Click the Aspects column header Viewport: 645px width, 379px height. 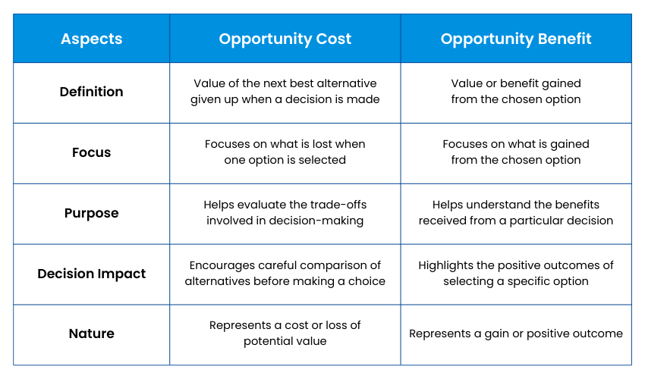point(92,39)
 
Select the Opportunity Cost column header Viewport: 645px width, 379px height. point(285,39)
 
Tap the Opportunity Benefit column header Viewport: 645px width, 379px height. point(516,39)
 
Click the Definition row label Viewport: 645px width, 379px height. point(92,92)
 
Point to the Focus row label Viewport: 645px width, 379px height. point(92,152)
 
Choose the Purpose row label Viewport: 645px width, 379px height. point(92,213)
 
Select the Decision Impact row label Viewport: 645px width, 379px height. point(92,274)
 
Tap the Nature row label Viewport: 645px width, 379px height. point(92,334)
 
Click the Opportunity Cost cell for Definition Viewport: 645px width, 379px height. point(285,92)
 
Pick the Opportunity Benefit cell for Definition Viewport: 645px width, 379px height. point(516,92)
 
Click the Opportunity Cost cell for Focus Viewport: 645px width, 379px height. point(285,152)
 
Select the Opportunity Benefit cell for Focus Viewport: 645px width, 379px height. point(516,152)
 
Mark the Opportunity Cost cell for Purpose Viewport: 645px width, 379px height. point(285,213)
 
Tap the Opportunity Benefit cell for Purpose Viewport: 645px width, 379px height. point(516,213)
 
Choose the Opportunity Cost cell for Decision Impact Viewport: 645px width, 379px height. point(285,274)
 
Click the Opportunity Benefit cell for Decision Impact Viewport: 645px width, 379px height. point(516,274)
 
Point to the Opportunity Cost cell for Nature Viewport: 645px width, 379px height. point(285,334)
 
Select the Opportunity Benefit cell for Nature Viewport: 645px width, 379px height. point(516,334)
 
